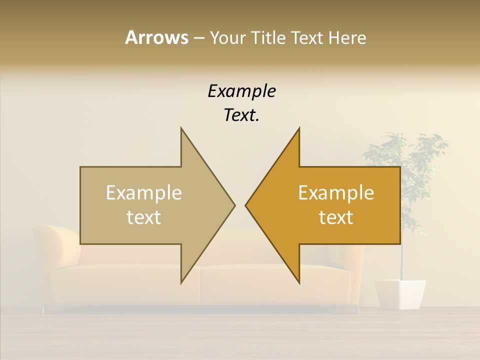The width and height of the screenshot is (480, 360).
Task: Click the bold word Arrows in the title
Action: click(156, 37)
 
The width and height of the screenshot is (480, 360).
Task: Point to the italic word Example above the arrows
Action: click(241, 91)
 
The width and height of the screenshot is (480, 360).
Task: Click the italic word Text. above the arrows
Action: click(241, 115)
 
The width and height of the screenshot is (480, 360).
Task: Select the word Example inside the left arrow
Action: click(144, 192)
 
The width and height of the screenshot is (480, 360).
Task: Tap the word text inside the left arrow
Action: click(144, 217)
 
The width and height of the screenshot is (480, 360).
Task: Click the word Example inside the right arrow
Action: click(336, 192)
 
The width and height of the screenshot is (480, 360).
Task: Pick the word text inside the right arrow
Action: click(336, 217)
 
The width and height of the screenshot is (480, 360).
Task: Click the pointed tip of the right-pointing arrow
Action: click(234, 205)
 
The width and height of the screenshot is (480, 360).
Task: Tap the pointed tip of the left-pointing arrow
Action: click(246, 205)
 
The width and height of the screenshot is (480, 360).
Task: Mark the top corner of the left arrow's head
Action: click(181, 128)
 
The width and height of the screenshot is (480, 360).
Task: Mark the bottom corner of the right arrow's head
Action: click(299, 283)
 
